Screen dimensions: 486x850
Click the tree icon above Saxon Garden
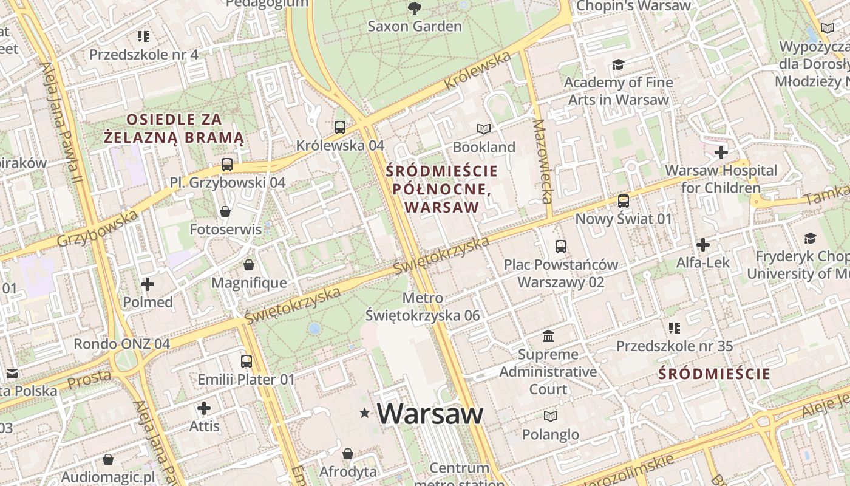pyautogui.click(x=415, y=8)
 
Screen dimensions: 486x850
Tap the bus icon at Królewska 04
pyautogui.click(x=340, y=128)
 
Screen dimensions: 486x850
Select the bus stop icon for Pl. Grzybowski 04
pyautogui.click(x=227, y=164)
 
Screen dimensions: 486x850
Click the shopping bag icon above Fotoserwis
pyautogui.click(x=225, y=211)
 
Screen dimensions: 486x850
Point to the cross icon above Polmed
pyautogui.click(x=148, y=284)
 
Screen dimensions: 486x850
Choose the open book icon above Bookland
pyautogui.click(x=483, y=129)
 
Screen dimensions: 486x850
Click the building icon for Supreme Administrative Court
pyautogui.click(x=548, y=336)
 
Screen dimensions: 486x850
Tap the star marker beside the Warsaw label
pyautogui.click(x=364, y=414)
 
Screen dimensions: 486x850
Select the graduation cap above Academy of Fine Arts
pyautogui.click(x=618, y=64)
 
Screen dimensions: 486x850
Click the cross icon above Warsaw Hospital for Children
pyautogui.click(x=721, y=152)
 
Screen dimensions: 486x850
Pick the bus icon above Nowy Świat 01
pyautogui.click(x=623, y=200)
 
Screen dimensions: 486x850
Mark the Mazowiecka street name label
pyautogui.click(x=543, y=161)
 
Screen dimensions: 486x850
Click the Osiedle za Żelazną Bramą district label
pyautogui.click(x=174, y=128)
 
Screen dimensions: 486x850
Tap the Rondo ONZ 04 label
pyautogui.click(x=121, y=344)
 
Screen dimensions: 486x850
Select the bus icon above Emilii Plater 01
pyautogui.click(x=246, y=361)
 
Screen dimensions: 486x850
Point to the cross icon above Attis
pyautogui.click(x=204, y=408)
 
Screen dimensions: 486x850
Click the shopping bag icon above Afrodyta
pyautogui.click(x=348, y=454)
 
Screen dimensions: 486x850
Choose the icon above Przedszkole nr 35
pyautogui.click(x=674, y=328)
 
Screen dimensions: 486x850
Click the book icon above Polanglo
pyautogui.click(x=550, y=416)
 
